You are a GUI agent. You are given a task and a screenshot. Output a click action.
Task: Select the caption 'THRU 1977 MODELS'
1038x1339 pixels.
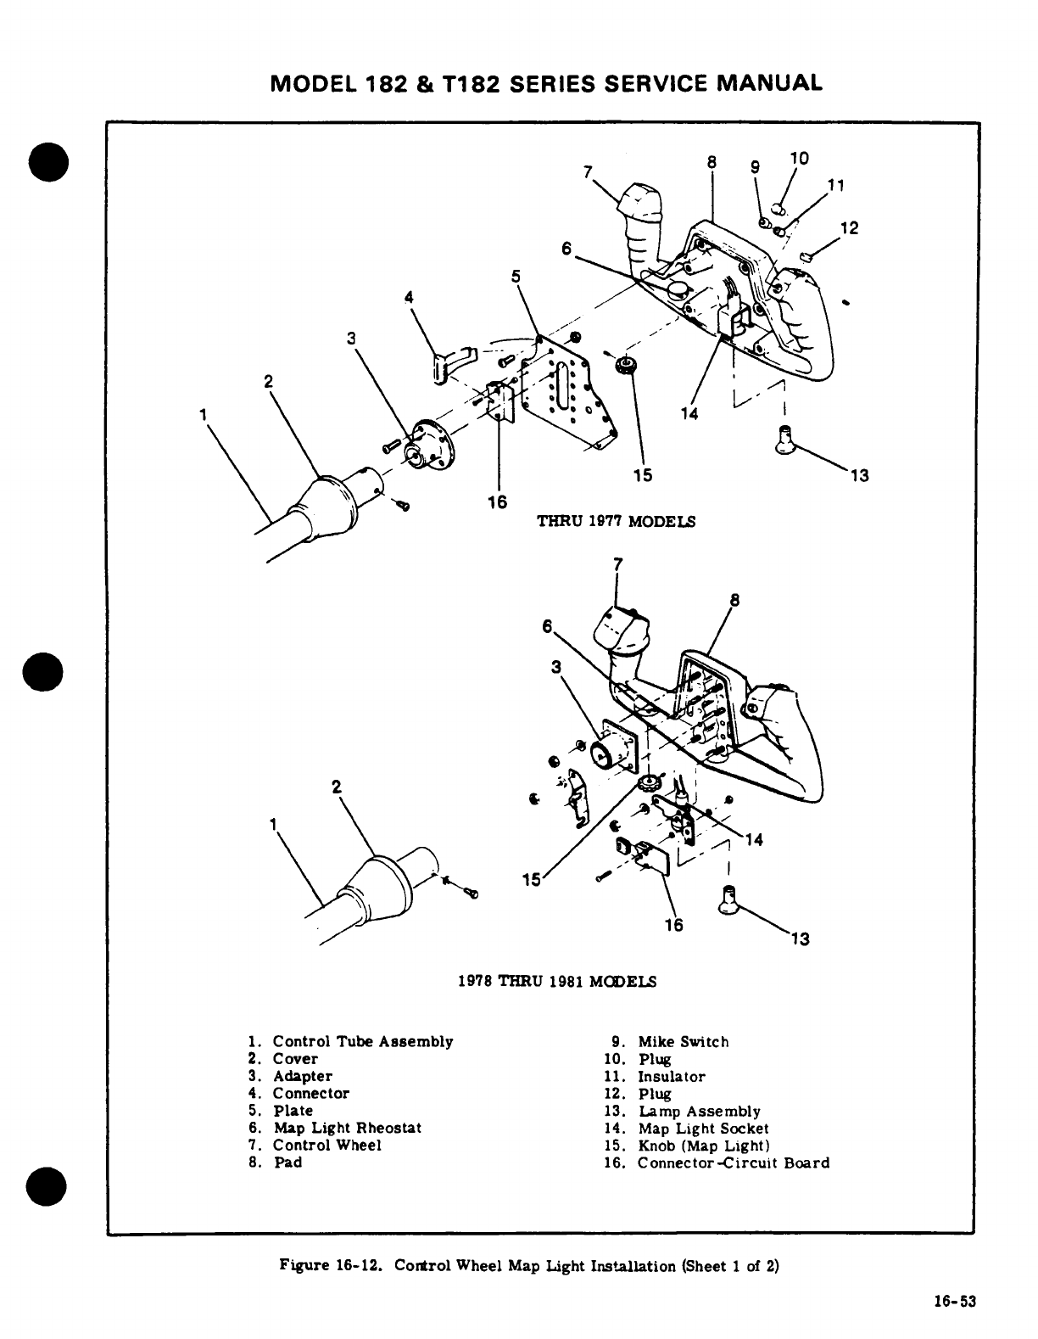[x=617, y=521]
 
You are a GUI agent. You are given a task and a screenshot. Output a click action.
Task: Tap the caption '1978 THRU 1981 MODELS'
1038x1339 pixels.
[x=556, y=982]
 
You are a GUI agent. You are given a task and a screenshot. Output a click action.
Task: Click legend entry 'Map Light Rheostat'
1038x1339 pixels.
[x=346, y=1128]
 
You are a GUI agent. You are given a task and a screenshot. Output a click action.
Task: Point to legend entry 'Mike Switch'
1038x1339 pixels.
[x=683, y=1042]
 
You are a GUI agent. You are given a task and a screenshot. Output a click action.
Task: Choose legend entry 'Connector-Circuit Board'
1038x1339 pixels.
[x=733, y=1163]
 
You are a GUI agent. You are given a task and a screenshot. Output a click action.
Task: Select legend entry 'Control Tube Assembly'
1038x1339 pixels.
[x=362, y=1041]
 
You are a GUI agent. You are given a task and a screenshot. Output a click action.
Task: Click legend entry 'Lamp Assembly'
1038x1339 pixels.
[x=699, y=1111]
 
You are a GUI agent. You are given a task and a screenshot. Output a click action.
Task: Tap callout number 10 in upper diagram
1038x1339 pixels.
[x=799, y=159]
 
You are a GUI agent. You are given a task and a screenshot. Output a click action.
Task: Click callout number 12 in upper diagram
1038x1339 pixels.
[x=849, y=228]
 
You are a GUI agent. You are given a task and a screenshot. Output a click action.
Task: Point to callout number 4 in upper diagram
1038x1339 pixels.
[x=410, y=298]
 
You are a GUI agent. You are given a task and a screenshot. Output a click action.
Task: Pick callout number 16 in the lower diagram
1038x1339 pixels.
[x=673, y=925]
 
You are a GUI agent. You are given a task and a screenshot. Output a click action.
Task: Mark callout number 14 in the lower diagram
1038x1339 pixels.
[x=753, y=840]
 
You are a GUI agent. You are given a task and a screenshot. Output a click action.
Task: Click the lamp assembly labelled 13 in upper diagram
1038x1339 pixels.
[x=784, y=440]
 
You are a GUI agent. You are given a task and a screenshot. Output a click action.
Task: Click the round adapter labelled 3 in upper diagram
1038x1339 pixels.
[x=430, y=445]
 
